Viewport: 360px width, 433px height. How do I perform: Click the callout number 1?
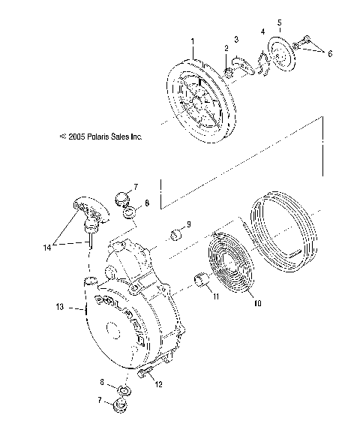tap(192, 40)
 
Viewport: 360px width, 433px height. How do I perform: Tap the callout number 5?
tap(279, 23)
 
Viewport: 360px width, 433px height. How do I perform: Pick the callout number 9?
tap(188, 224)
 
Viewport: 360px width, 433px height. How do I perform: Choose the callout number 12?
tap(158, 385)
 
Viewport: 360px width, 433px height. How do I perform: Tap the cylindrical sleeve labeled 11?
tap(202, 281)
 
